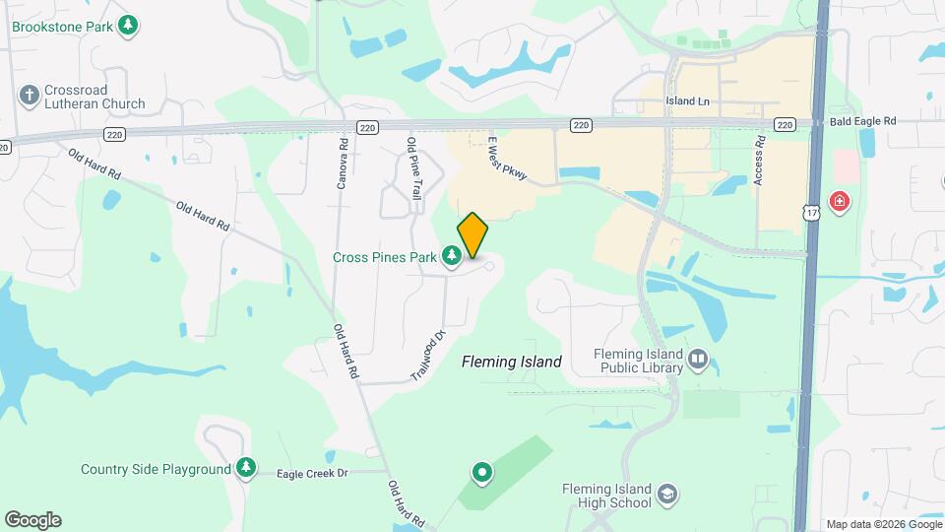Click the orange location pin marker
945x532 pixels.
coord(472,234)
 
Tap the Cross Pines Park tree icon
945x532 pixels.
coord(452,257)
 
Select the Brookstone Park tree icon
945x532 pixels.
coord(127,25)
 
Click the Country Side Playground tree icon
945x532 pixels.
coord(245,469)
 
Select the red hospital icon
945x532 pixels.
coord(839,202)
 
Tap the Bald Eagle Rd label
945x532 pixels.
coord(862,121)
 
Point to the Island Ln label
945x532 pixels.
coord(687,101)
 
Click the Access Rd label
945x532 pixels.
coord(759,161)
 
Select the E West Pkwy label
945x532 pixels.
coord(508,160)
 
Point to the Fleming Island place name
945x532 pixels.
coord(512,362)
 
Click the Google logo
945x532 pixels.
coord(32,520)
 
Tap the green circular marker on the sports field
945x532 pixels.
coord(482,473)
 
